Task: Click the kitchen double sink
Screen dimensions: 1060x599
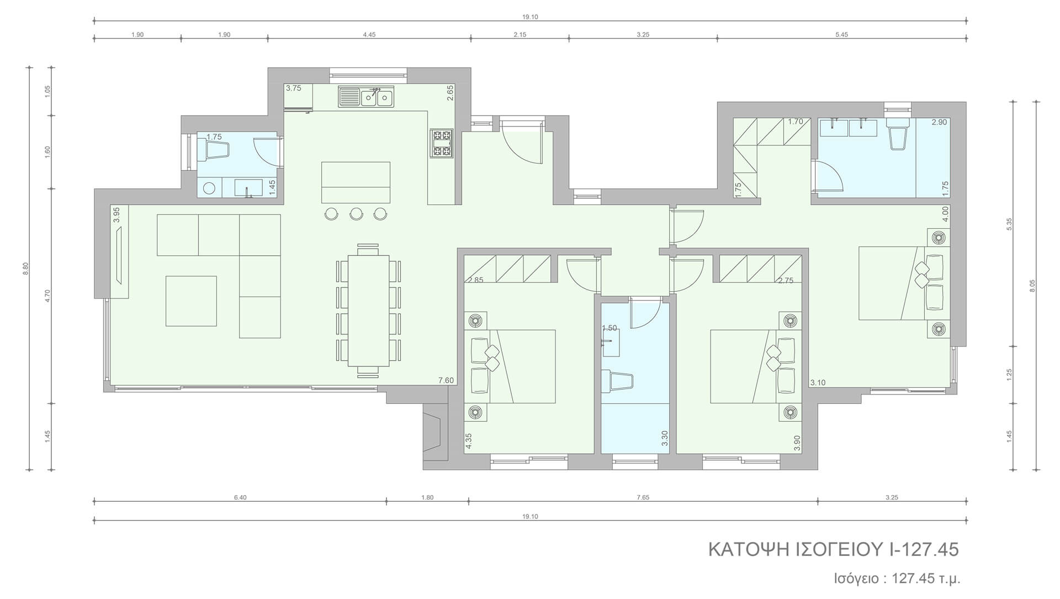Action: (x=366, y=97)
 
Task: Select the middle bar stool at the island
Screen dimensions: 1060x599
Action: (x=356, y=213)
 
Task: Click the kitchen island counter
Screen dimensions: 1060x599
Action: (x=356, y=182)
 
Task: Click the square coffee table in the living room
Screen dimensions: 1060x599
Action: (x=191, y=301)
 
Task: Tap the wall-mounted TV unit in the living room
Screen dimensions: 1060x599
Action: (x=119, y=251)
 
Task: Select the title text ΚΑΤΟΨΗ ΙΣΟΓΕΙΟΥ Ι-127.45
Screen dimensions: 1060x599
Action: (x=834, y=550)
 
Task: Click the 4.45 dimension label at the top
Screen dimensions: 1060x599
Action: (x=369, y=34)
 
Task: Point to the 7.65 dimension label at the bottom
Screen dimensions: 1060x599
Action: (x=643, y=497)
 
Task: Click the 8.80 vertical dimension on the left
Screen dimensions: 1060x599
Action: (x=25, y=268)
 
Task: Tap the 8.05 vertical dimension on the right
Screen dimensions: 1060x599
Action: (x=1033, y=286)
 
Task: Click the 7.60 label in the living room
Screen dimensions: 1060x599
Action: (x=446, y=380)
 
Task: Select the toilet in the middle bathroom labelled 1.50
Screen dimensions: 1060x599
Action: (x=617, y=381)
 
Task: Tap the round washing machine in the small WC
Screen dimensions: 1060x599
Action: (x=209, y=188)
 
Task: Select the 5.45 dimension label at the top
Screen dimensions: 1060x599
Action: (x=841, y=34)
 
